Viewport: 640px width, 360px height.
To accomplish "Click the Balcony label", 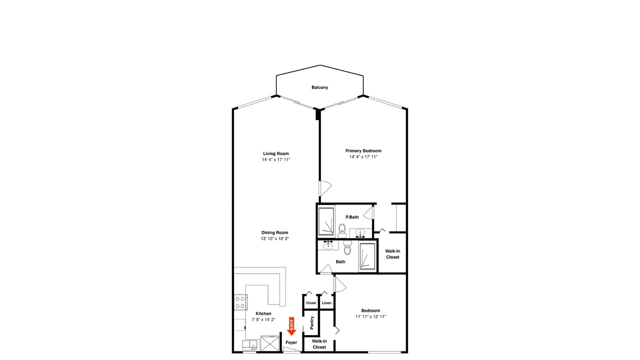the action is [x=319, y=87].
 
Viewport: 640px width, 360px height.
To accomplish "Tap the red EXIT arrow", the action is [x=291, y=326].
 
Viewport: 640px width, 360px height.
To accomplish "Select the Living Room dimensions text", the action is [x=276, y=159].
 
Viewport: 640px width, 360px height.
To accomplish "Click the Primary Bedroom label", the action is [x=363, y=151].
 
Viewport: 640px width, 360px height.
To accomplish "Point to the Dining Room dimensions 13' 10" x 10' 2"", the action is [x=275, y=238].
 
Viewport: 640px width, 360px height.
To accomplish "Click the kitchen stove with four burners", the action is [x=240, y=302].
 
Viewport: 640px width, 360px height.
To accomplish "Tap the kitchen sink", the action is [x=250, y=345].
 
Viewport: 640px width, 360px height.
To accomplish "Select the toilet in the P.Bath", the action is [x=341, y=231].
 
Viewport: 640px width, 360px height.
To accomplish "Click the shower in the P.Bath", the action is [x=326, y=221].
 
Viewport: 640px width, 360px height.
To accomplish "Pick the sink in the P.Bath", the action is [x=360, y=233].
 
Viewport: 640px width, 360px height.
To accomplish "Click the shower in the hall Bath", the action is [x=367, y=256].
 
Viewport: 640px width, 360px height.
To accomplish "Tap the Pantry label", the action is [x=312, y=322].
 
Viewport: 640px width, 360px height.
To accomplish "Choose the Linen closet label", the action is [x=326, y=303].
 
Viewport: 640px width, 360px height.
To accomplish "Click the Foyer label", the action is [x=291, y=342].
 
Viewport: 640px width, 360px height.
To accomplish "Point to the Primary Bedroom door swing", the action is [x=325, y=188].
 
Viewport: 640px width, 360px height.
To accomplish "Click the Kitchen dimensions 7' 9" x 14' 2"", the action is [x=263, y=319].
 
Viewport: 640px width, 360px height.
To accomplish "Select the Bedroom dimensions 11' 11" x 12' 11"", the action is [x=371, y=316].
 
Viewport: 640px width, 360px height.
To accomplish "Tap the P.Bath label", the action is [x=352, y=217].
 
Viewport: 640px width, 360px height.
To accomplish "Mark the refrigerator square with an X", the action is [x=269, y=343].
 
